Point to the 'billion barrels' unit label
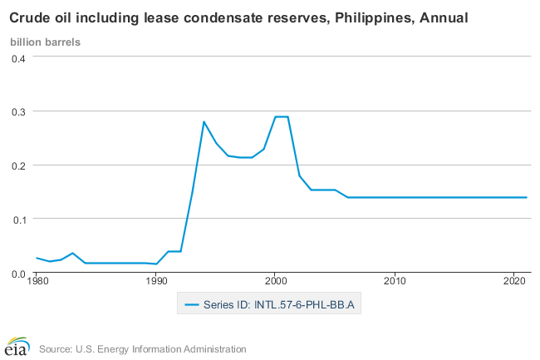pyautogui.click(x=45, y=42)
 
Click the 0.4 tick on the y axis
pyautogui.click(x=18, y=57)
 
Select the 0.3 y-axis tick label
pyautogui.click(x=18, y=111)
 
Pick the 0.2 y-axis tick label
pyautogui.click(x=18, y=165)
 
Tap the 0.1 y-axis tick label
pyautogui.click(x=18, y=219)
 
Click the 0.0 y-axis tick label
pyautogui.click(x=18, y=274)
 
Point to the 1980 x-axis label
pyautogui.click(x=37, y=283)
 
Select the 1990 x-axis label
pyautogui.click(x=156, y=283)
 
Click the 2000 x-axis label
pyautogui.click(x=275, y=283)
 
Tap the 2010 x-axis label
pyautogui.click(x=395, y=283)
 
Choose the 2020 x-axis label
pyautogui.click(x=514, y=283)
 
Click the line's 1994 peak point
pyautogui.click(x=204, y=122)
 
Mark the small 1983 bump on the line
pyautogui.click(x=72, y=253)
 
